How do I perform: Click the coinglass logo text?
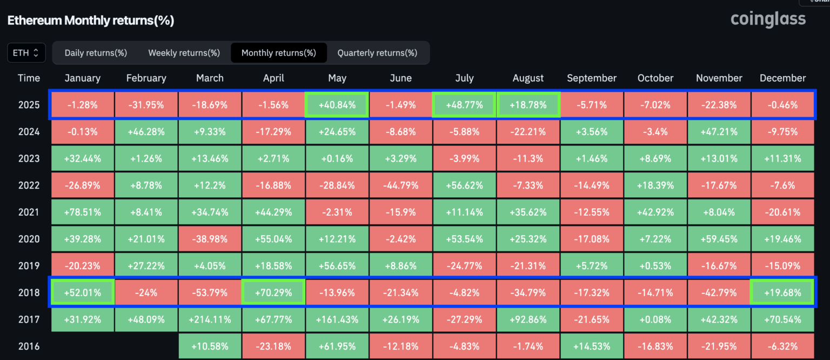click(768, 19)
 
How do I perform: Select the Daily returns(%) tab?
click(96, 53)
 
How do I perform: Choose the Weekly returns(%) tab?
click(184, 53)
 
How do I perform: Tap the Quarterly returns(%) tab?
click(377, 53)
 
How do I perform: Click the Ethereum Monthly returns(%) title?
click(91, 21)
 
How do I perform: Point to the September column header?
click(592, 78)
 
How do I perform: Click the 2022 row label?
click(29, 185)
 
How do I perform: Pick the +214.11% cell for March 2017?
click(210, 319)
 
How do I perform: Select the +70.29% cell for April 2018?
click(273, 293)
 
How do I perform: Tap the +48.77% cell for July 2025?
click(464, 105)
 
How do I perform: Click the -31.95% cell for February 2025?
click(146, 105)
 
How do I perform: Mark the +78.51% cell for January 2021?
click(83, 212)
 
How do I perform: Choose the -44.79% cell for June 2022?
click(400, 185)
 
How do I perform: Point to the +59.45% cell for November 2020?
click(719, 239)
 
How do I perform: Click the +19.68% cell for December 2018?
click(782, 293)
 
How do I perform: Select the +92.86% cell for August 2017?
click(528, 319)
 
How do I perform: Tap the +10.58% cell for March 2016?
click(210, 346)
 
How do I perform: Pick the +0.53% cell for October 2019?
click(655, 266)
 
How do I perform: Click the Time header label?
click(29, 78)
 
